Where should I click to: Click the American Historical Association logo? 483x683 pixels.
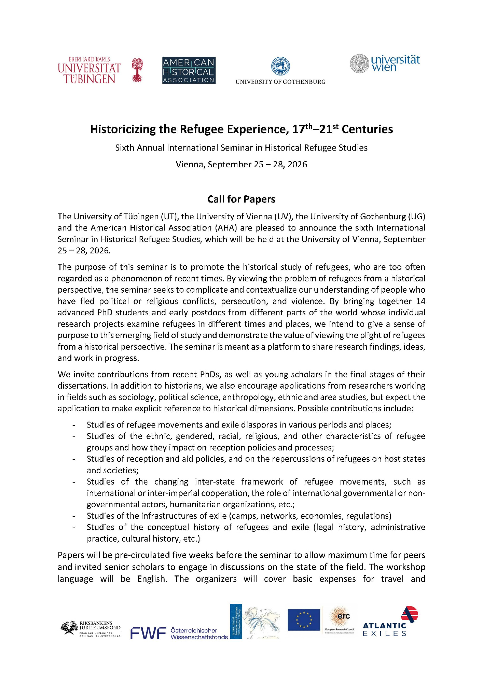[189, 70]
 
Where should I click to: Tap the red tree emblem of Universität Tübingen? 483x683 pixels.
[137, 70]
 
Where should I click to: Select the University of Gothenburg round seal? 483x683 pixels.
[280, 66]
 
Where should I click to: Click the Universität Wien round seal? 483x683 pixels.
[360, 64]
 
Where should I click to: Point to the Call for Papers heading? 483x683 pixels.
[241, 199]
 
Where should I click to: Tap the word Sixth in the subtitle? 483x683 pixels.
[125, 148]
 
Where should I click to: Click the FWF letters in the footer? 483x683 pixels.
[148, 633]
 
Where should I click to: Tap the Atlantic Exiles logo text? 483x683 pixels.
[384, 629]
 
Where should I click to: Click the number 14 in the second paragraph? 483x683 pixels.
[420, 301]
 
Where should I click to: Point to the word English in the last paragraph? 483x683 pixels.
[151, 579]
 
